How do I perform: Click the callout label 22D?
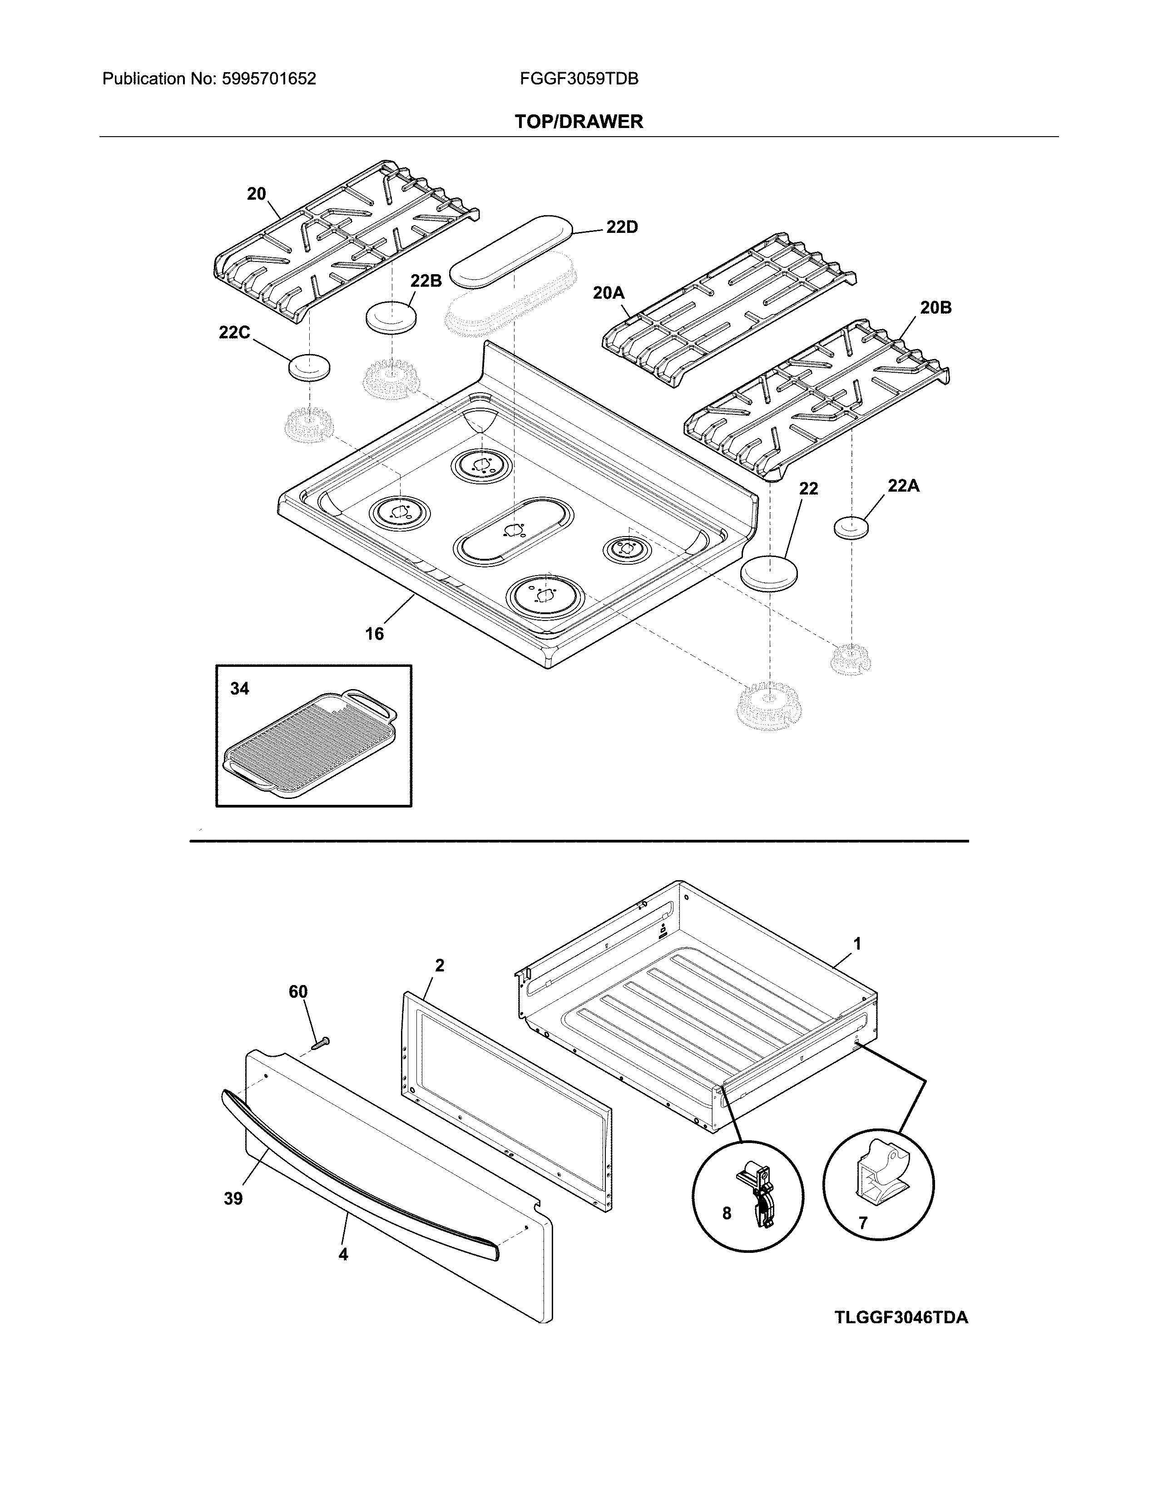click(x=622, y=227)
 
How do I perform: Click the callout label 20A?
click(x=609, y=293)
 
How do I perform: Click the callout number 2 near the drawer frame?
click(x=440, y=966)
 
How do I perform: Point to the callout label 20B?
click(x=936, y=308)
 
